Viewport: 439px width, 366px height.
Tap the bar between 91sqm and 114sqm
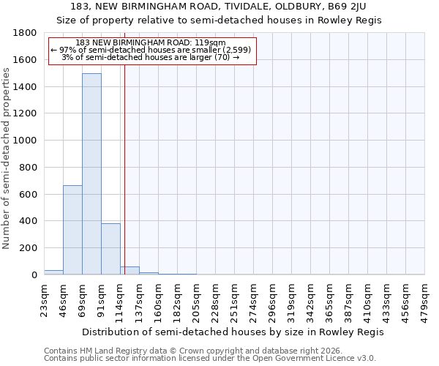click(110, 249)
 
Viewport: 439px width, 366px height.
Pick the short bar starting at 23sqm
click(53, 272)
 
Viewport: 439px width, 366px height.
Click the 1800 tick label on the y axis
click(26, 33)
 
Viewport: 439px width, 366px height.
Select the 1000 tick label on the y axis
click(26, 141)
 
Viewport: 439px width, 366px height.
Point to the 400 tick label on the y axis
click(29, 221)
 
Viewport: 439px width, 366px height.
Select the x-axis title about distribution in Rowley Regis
click(233, 332)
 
